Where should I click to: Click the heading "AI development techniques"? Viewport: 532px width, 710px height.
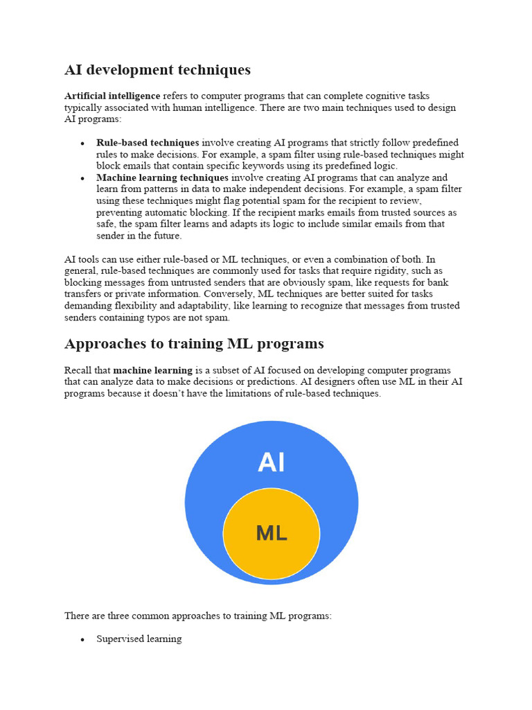[x=157, y=70]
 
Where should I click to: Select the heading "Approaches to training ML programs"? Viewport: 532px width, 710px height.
[x=194, y=344]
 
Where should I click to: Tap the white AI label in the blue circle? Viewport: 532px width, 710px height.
[x=271, y=462]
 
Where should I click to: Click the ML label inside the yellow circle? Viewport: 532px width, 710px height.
[x=272, y=533]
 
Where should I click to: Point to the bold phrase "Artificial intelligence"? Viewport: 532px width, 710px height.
[x=112, y=96]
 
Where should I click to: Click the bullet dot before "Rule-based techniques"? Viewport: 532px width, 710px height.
[x=82, y=143]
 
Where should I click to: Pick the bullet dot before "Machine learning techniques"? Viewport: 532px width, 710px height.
[x=82, y=178]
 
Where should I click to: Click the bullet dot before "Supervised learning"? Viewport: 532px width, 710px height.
[x=82, y=639]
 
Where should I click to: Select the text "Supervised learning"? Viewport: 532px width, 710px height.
[x=139, y=639]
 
